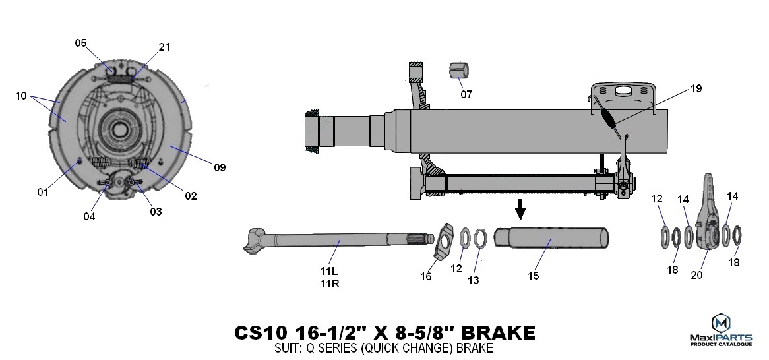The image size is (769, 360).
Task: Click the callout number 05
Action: point(80,43)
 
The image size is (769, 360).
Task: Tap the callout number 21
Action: point(164,47)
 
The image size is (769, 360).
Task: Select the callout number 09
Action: point(220,167)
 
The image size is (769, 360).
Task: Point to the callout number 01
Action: point(43,193)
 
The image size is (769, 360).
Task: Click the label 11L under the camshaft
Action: point(329,271)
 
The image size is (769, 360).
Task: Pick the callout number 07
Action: point(466,94)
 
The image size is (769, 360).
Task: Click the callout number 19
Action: point(696,89)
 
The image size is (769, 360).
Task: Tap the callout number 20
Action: point(696,275)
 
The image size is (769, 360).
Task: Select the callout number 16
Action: point(425,276)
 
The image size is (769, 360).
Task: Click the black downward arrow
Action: point(520,209)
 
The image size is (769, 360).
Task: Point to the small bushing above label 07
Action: point(459,70)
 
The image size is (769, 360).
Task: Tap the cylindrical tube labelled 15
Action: point(551,238)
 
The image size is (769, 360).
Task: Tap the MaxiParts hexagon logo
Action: point(720,322)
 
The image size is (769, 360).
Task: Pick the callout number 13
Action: point(474,280)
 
